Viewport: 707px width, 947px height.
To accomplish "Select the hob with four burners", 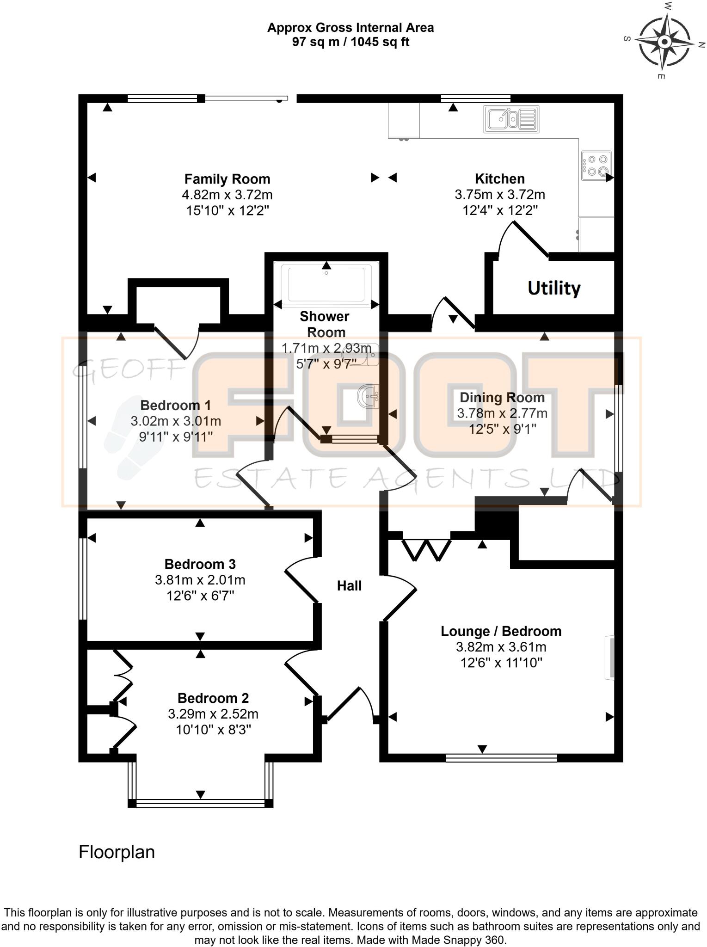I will (596, 166).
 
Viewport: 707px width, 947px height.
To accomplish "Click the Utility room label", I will (553, 288).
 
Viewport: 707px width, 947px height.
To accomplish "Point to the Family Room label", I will (227, 179).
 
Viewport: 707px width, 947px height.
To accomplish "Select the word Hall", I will (349, 586).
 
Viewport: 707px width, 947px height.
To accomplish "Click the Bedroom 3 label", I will (200, 564).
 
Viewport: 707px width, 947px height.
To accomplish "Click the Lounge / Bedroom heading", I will (501, 631).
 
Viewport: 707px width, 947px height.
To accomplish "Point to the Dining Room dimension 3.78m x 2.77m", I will (502, 413).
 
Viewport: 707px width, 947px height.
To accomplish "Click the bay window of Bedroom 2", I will (200, 804).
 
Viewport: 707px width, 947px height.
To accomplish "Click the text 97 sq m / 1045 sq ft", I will (350, 42).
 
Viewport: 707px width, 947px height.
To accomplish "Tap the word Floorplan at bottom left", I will (117, 852).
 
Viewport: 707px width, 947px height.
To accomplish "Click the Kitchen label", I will (499, 179).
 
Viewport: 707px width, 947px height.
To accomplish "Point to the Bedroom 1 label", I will (175, 406).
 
